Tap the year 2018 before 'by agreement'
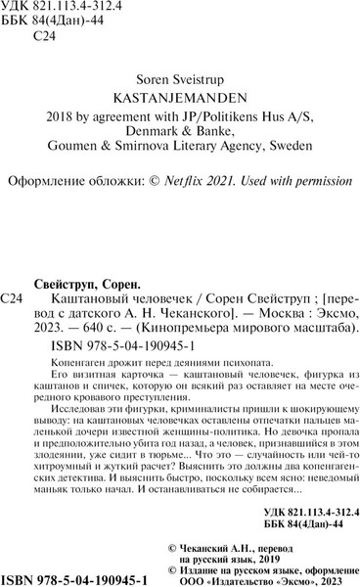coord(64,122)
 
